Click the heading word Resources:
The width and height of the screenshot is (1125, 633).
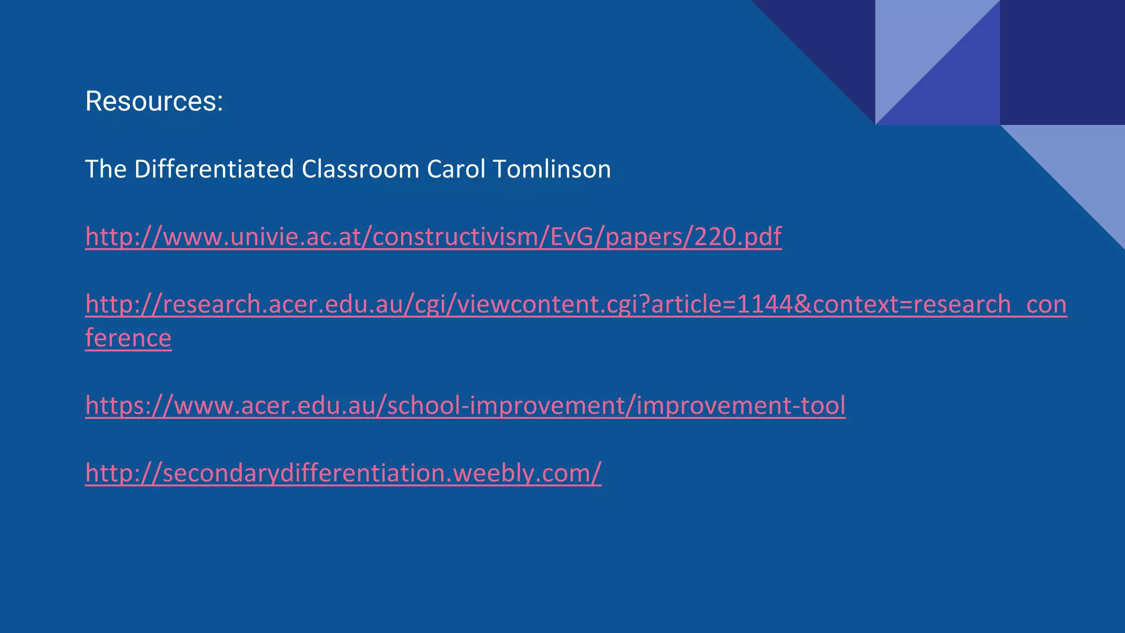[154, 102]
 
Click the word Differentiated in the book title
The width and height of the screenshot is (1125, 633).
[214, 169]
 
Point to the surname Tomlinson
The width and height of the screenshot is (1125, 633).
[552, 169]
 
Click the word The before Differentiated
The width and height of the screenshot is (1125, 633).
[106, 169]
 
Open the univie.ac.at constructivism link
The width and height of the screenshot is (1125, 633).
[433, 237]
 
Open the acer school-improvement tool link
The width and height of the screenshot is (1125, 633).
[465, 406]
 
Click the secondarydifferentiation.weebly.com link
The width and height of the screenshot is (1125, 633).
[343, 473]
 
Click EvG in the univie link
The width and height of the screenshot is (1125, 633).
[572, 237]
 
